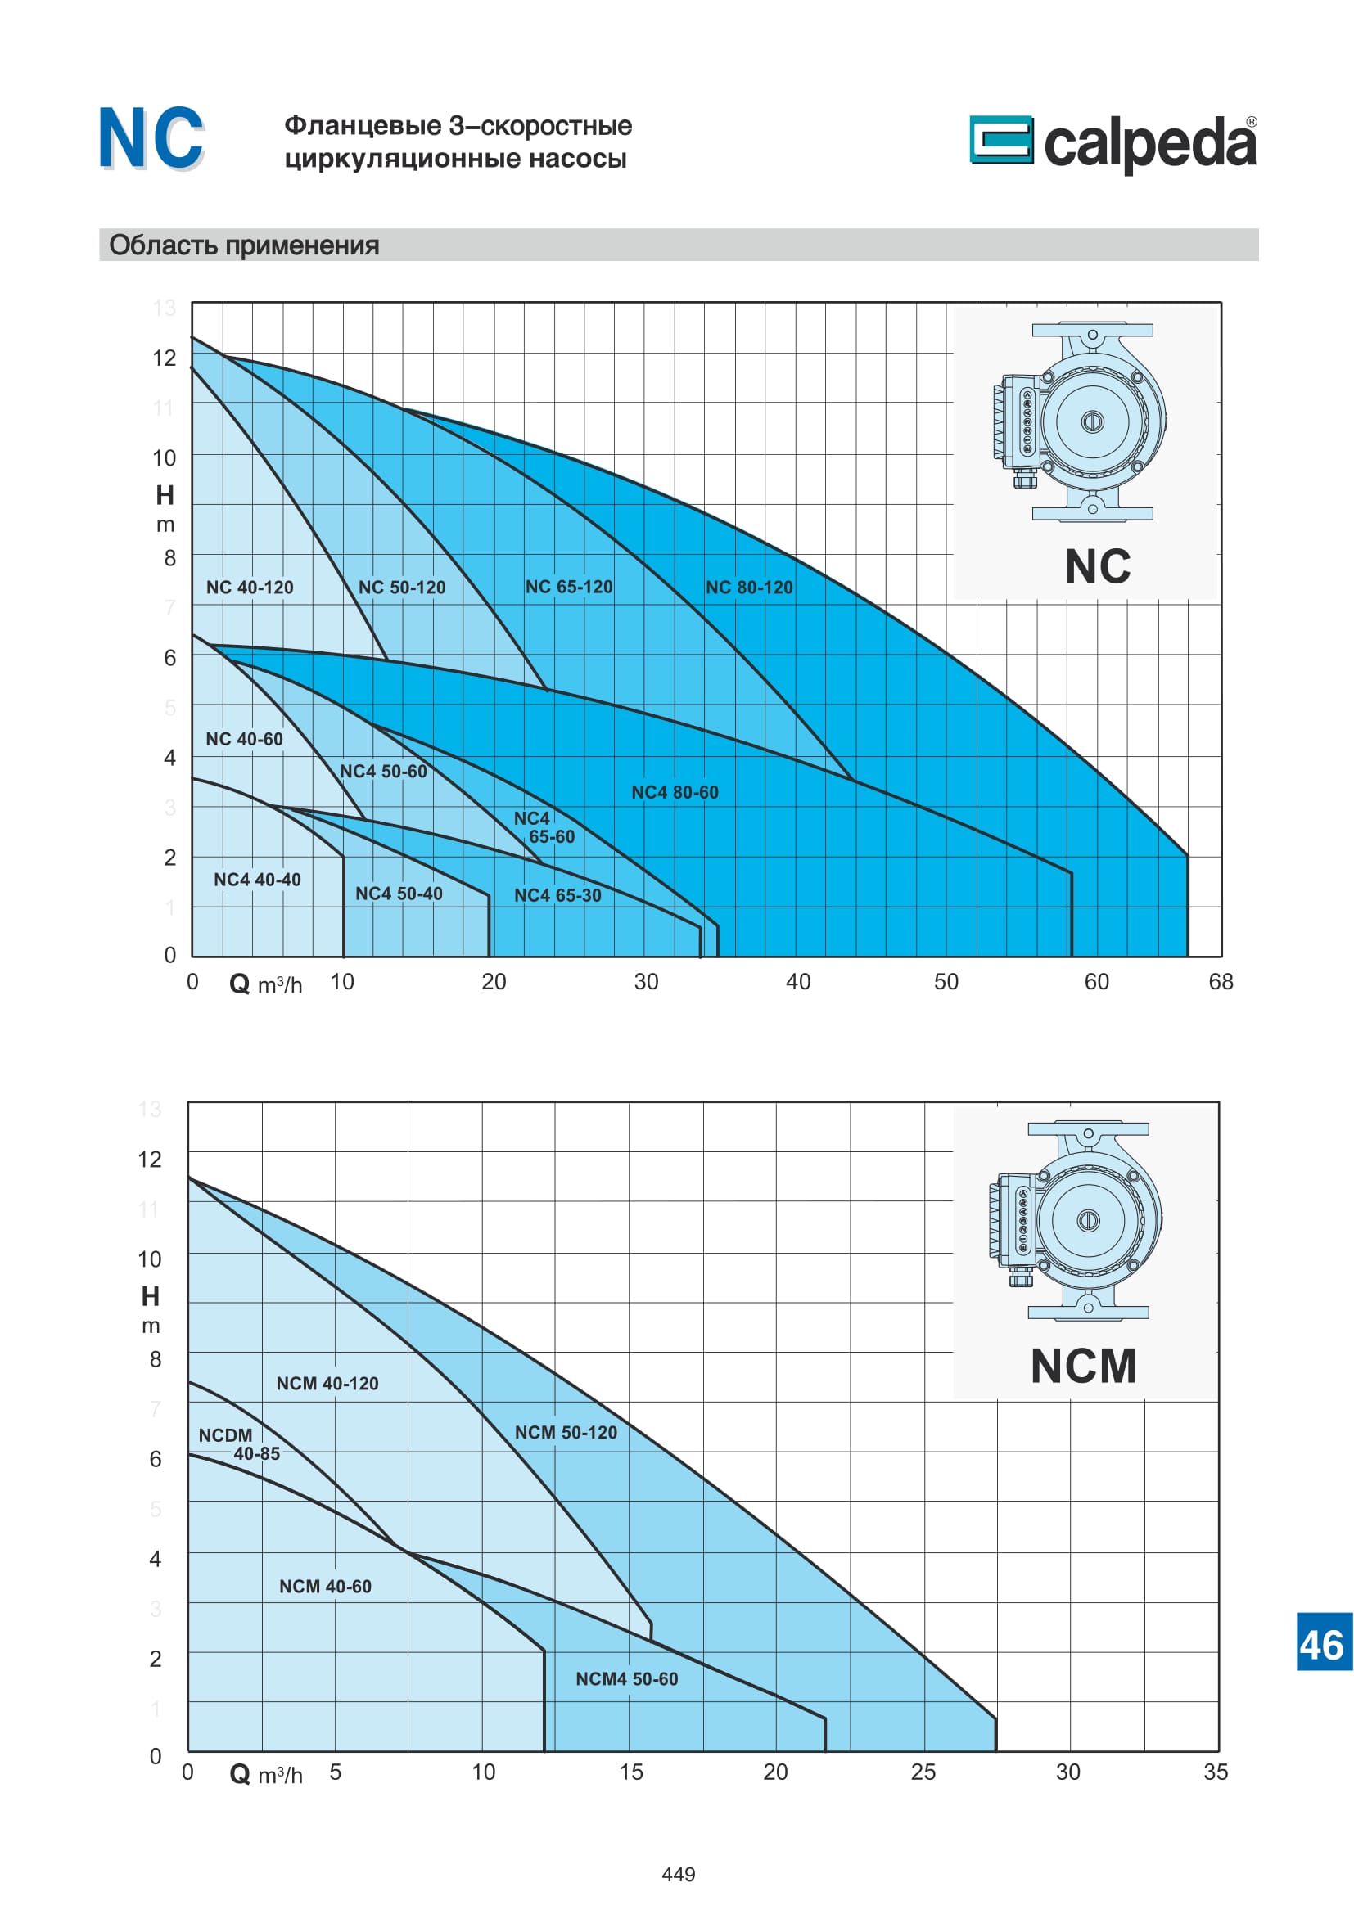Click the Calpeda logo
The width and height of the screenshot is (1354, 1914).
(x=1113, y=142)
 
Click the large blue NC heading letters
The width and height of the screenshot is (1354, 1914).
(x=151, y=138)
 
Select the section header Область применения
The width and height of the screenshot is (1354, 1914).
(x=244, y=245)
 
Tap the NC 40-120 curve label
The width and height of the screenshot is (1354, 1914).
(x=250, y=588)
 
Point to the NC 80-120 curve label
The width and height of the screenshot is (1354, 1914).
(x=749, y=588)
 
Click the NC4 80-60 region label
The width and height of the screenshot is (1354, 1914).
(x=675, y=792)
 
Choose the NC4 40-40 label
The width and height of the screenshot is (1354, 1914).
(x=257, y=880)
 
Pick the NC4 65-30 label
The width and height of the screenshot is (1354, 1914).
(x=557, y=895)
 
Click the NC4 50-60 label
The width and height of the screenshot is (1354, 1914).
(x=382, y=772)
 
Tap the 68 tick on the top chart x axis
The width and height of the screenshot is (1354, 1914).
(x=1221, y=982)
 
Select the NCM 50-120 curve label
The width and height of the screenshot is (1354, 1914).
(x=566, y=1432)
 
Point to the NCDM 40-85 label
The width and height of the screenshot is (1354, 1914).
(x=238, y=1443)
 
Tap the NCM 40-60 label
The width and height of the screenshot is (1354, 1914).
(x=325, y=1587)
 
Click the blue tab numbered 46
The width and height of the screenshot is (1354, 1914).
(x=1320, y=1646)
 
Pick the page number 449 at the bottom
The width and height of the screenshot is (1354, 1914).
(x=678, y=1875)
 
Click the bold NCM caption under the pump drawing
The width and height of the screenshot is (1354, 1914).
(x=1083, y=1366)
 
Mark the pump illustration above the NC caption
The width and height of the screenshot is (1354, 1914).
(x=1081, y=422)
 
